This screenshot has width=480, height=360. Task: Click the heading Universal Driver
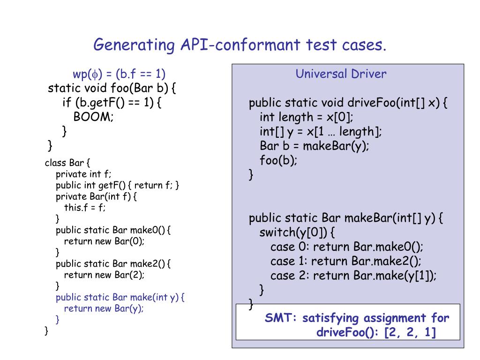click(341, 74)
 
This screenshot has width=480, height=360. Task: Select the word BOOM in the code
click(93, 117)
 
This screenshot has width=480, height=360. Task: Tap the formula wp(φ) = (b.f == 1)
click(119, 74)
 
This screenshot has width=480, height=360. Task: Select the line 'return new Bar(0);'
click(104, 241)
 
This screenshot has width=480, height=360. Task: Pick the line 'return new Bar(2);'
click(104, 275)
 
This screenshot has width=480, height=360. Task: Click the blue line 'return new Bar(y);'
click(104, 308)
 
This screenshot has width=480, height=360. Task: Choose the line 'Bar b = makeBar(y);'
click(315, 146)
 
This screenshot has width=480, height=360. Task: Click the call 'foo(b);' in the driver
click(278, 160)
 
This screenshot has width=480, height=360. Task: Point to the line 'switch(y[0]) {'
click(297, 232)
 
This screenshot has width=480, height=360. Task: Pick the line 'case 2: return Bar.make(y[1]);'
click(353, 276)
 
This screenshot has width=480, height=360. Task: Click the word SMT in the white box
click(278, 318)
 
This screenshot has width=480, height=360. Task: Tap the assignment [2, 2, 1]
click(410, 332)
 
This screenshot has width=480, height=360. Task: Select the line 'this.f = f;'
click(84, 208)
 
